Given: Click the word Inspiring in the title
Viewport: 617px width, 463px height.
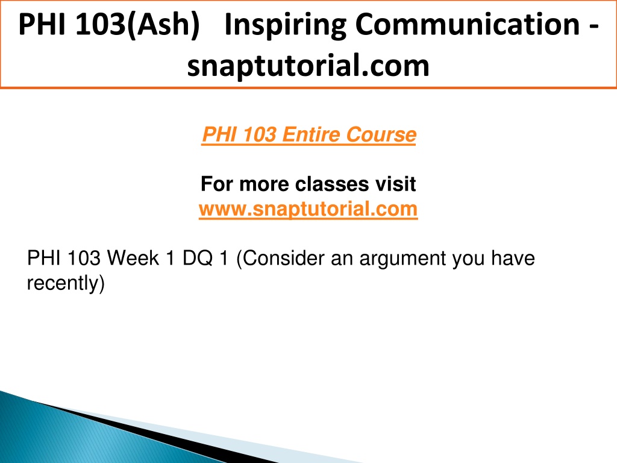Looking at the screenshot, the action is point(285,25).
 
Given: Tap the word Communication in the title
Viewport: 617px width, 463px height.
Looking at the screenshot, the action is point(468,24).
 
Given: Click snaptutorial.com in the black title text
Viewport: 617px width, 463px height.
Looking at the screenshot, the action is point(308,66).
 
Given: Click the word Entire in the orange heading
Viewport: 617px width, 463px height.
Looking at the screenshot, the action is point(311,134).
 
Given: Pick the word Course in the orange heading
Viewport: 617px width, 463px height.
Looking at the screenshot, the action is point(381,134).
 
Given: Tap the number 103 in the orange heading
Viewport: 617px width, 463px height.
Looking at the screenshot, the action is point(260,134).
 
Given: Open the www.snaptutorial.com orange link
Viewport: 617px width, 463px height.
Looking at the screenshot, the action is point(308,209).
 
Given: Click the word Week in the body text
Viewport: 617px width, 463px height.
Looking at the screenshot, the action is point(133,259).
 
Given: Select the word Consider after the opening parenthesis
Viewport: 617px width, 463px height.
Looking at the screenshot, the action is point(283,259).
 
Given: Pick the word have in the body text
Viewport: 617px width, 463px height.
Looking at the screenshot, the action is point(513,259).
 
